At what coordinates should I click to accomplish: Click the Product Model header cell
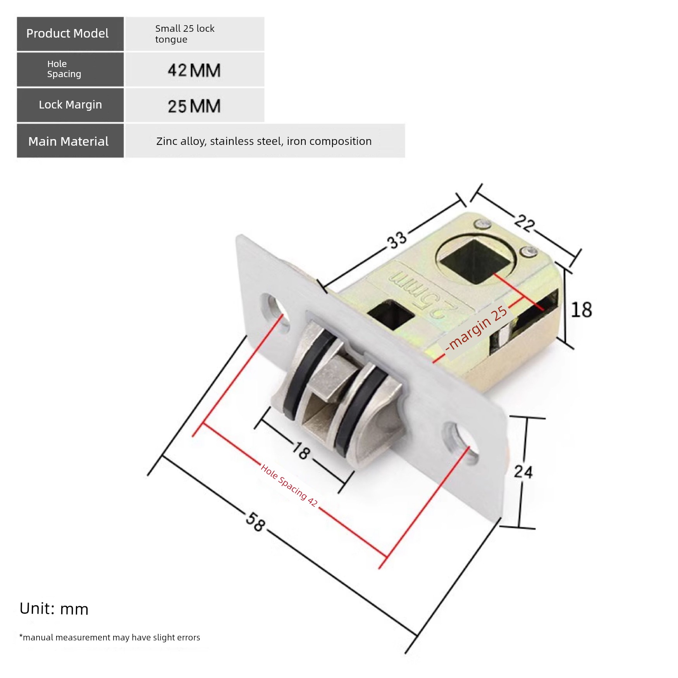coord(70,34)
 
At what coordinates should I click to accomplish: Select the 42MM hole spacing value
coord(194,71)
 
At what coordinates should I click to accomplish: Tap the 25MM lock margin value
coord(194,106)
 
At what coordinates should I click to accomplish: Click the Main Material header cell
coord(70,141)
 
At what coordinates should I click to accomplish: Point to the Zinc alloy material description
coord(264,141)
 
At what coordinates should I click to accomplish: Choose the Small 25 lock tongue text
coord(185,34)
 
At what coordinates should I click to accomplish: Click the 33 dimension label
coord(397,240)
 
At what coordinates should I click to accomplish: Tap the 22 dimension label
coord(525,224)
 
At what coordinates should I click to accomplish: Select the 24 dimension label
coord(523,472)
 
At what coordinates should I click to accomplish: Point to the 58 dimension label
coord(256,521)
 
